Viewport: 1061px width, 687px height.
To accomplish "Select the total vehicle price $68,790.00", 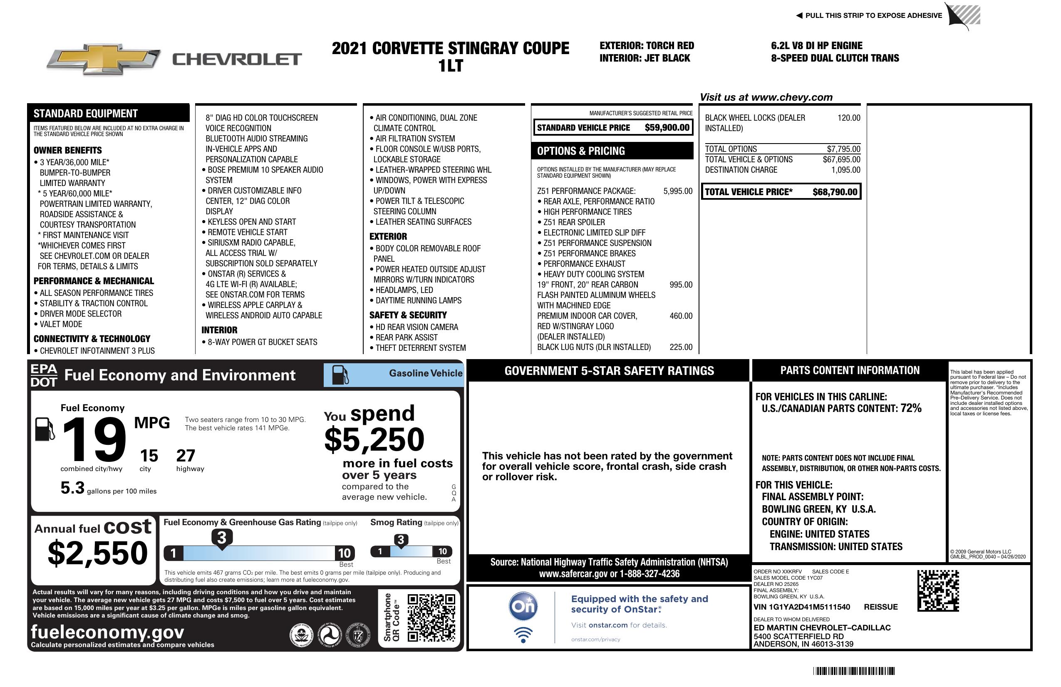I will pos(835,192).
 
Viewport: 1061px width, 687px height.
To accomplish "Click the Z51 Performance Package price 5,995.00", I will pos(678,191).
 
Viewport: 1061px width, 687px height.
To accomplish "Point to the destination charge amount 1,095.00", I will pos(845,170).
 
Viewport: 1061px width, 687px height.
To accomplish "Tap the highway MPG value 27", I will pos(186,456).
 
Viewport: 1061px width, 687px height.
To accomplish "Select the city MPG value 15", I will pos(149,456).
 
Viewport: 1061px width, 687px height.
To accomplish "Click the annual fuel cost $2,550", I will pos(97,553).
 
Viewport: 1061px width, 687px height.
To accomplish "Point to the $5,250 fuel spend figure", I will pos(374,440).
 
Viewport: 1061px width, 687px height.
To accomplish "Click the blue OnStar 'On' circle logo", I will pos(523,606).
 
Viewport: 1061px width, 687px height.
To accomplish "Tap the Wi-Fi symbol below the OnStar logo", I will pos(523,635).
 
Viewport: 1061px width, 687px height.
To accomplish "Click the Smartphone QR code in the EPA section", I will pos(431,618).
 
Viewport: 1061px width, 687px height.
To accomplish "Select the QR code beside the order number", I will pos(938,590).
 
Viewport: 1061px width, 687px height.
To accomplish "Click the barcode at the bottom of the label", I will pos(854,671).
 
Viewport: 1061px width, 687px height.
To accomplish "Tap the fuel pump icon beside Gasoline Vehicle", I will pos(340,375).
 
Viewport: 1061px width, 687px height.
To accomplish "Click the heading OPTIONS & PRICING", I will pos(581,151).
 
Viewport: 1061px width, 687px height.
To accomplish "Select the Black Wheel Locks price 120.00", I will pos(849,118).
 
